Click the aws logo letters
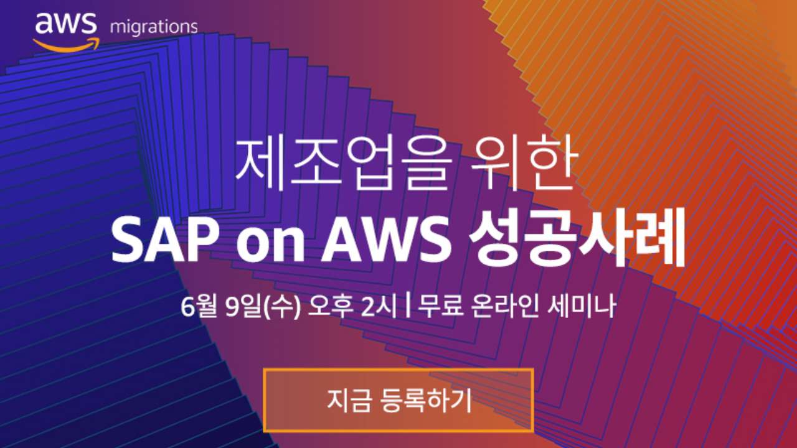66,24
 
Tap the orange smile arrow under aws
66,45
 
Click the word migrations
154,27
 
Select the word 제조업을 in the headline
343,164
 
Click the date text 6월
199,306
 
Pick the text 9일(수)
263,306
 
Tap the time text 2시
379,306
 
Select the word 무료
440,306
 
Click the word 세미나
582,306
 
